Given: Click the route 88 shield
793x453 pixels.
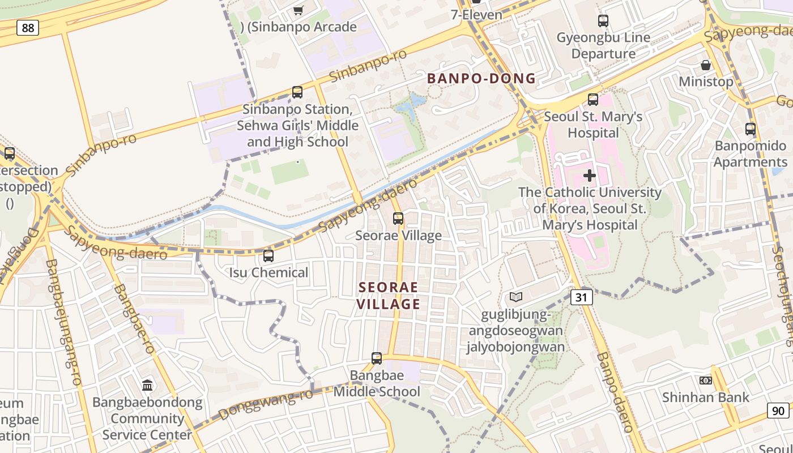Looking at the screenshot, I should tap(27, 27).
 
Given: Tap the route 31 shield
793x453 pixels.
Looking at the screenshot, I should tap(582, 297).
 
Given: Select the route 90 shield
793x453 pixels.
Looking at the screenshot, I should tap(778, 411).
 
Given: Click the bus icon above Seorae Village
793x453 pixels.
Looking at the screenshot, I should tap(398, 218).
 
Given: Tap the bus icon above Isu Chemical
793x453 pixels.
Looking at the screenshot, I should tap(268, 256).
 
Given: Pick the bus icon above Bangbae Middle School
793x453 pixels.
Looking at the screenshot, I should tap(377, 358).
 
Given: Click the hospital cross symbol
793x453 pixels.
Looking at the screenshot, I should tap(590, 176).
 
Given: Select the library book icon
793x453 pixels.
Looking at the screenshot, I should tap(515, 297).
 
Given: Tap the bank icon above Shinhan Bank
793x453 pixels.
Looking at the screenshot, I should tap(706, 381).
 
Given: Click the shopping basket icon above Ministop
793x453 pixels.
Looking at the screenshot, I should tap(706, 65).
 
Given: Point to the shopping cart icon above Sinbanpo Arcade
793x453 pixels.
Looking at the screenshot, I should tap(299, 10).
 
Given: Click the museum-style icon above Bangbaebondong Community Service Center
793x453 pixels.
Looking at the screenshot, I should tap(147, 386).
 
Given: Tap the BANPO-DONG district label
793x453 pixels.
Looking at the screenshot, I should tap(481, 79).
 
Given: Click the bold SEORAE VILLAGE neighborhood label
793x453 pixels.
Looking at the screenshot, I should tap(389, 296).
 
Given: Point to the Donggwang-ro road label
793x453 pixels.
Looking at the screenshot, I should tap(266, 404).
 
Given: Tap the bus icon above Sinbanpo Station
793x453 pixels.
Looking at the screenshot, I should tap(297, 92).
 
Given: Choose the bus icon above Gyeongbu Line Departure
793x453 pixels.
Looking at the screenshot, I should tap(603, 21).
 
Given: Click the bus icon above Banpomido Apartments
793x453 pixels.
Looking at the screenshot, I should tap(751, 129).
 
